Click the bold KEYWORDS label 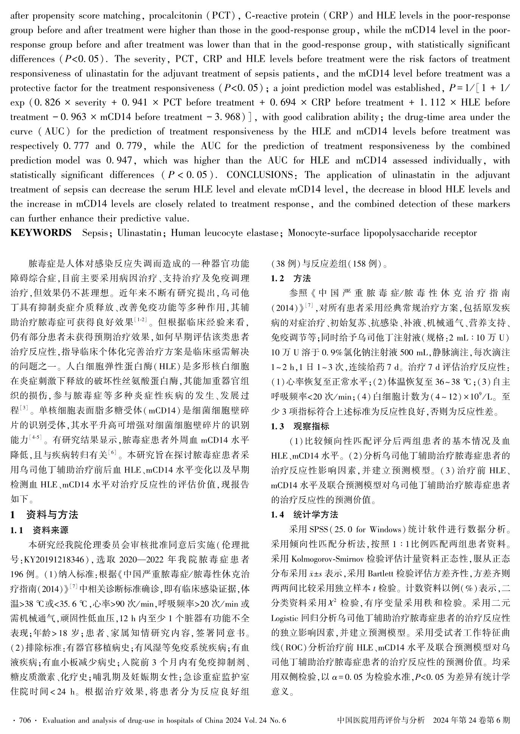point(40,233)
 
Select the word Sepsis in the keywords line point(95,233)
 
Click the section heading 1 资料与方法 point(44,515)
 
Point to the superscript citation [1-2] point(141,321)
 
